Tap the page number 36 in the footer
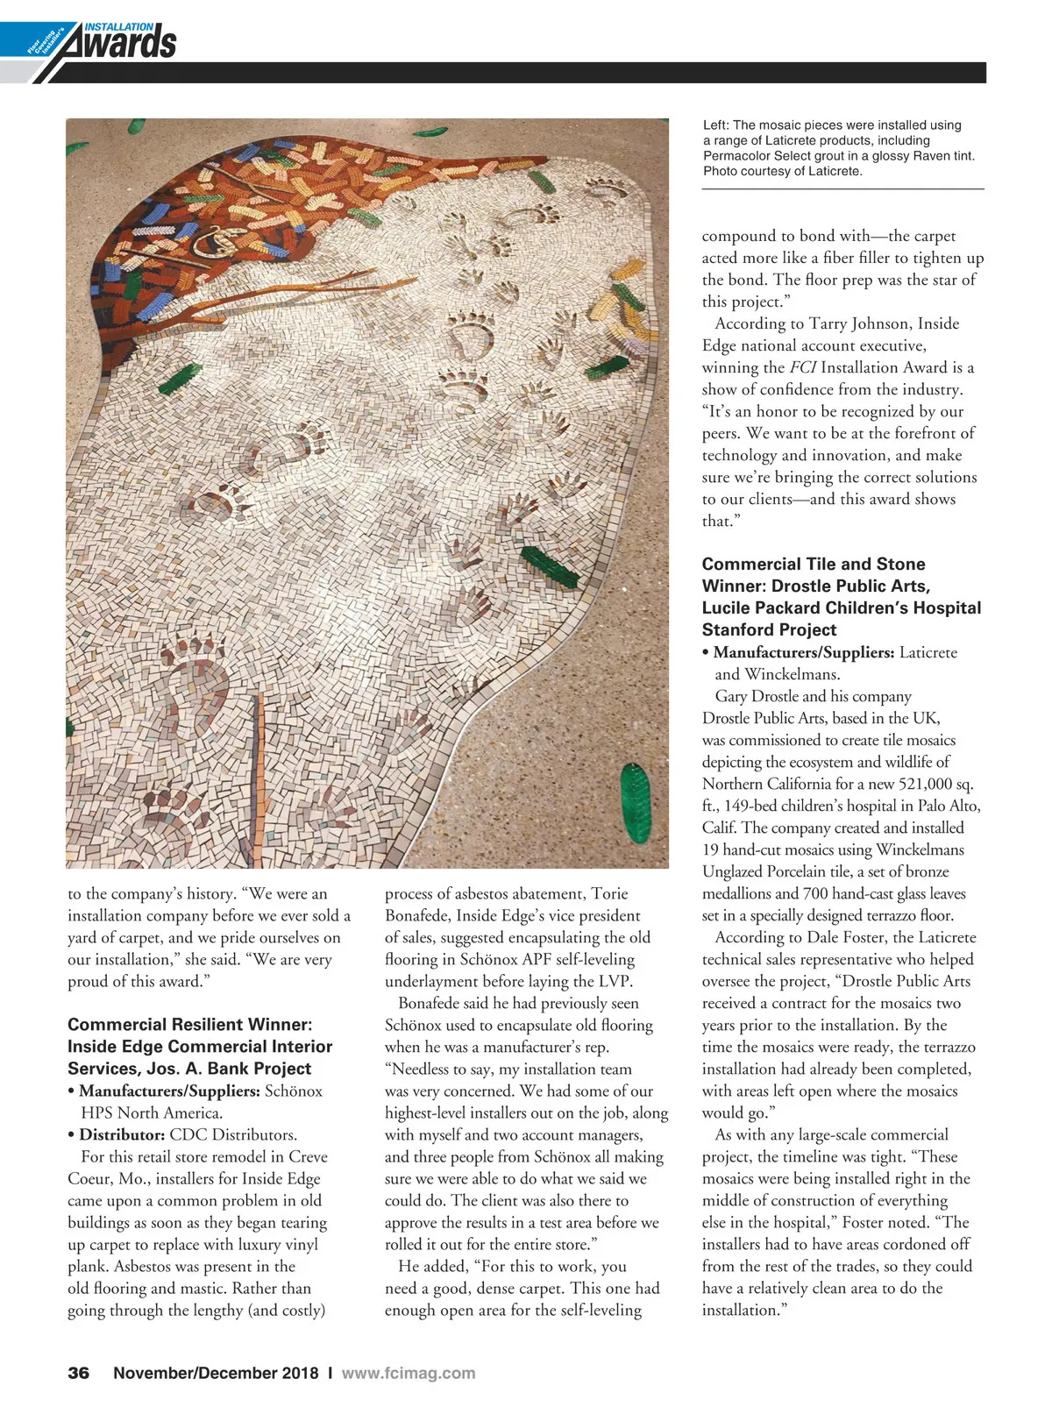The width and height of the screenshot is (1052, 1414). (x=79, y=1373)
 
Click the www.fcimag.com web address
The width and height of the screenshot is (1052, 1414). (x=409, y=1373)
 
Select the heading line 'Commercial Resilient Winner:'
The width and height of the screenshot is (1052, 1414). (x=190, y=1024)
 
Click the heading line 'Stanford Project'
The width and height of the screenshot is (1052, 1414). (x=769, y=629)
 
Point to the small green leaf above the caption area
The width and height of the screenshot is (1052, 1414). (x=430, y=131)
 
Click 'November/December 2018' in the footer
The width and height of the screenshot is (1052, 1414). (x=216, y=1373)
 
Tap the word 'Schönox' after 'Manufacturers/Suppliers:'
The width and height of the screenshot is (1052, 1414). (x=294, y=1091)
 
